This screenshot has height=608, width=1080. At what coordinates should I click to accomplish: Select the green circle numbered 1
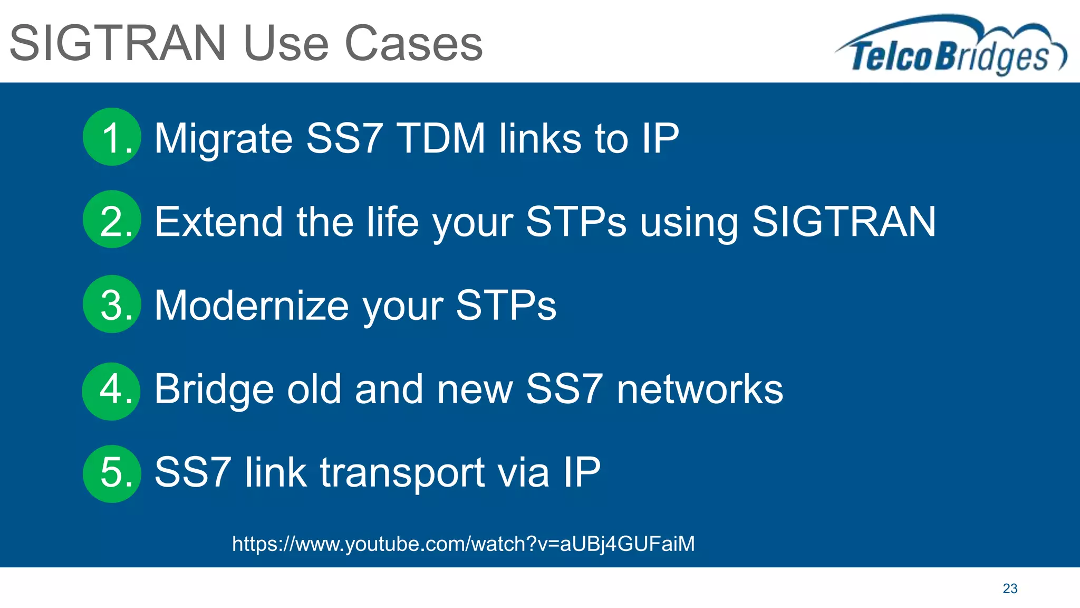(x=112, y=137)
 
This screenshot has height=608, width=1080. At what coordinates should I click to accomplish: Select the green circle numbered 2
(x=112, y=220)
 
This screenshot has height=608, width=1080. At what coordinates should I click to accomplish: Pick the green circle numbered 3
(x=112, y=304)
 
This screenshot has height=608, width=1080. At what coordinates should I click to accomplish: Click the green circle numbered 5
(x=112, y=473)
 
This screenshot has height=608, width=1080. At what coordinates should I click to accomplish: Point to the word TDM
(x=441, y=138)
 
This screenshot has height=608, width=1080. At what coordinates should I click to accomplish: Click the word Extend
(x=219, y=222)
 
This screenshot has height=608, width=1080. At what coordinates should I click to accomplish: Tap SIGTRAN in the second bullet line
(x=844, y=222)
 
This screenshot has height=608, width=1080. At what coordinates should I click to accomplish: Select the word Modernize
(x=252, y=306)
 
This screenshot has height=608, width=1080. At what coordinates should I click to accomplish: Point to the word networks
(x=700, y=389)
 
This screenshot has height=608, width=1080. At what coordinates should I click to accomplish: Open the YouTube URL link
(x=463, y=544)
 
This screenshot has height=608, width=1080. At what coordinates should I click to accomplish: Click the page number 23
(x=1010, y=588)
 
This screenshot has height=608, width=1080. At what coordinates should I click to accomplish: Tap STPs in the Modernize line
(x=506, y=306)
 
